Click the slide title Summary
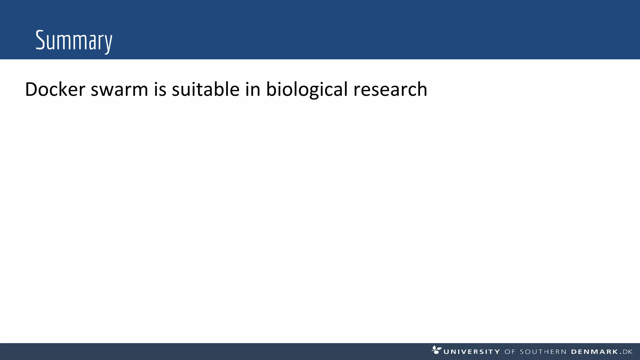(74, 41)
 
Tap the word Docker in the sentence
(55, 89)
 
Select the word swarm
(119, 89)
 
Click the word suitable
(206, 89)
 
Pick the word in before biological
(253, 89)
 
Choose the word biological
(307, 89)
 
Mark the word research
(390, 89)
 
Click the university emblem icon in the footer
(436, 350)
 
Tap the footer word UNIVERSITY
(472, 352)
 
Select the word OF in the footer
(510, 352)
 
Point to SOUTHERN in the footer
(543, 352)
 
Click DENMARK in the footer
(595, 352)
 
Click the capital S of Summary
(40, 40)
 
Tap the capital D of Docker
(32, 89)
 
